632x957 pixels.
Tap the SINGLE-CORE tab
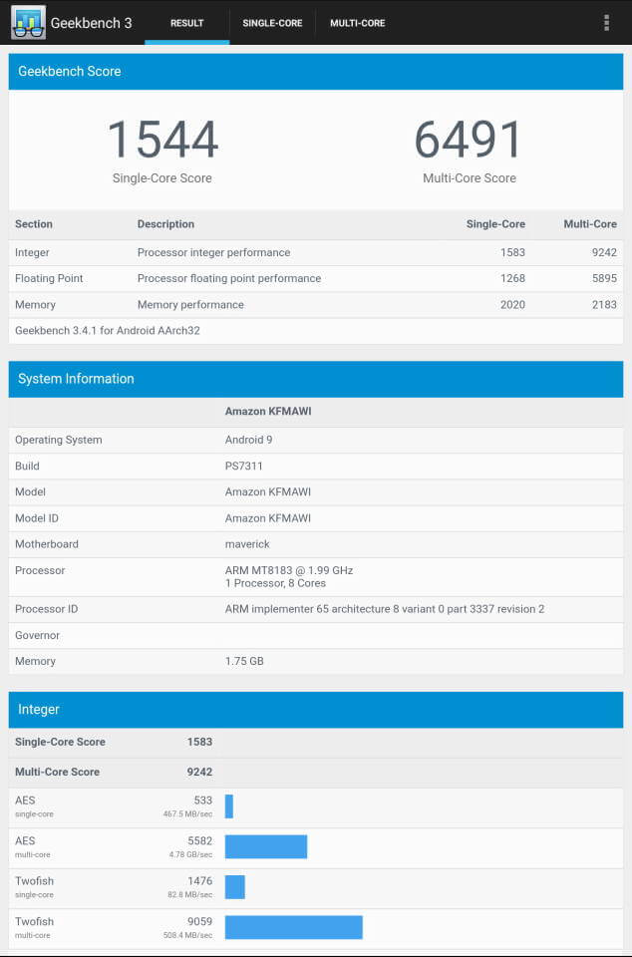tap(272, 23)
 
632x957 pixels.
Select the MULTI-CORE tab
tap(357, 23)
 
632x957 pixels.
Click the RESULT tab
tap(186, 23)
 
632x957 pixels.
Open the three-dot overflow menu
tap(606, 23)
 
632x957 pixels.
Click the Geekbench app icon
tap(28, 22)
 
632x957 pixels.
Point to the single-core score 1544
tap(162, 140)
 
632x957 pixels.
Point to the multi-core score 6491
tap(469, 140)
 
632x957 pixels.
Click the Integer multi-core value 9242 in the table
tap(604, 252)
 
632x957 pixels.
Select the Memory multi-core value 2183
tap(604, 304)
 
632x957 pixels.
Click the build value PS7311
tap(243, 466)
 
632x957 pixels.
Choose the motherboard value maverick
tap(247, 544)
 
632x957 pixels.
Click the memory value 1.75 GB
tap(244, 661)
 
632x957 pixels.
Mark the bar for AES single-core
tap(229, 806)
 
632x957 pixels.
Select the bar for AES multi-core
tap(266, 846)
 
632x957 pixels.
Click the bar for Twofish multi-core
tap(293, 927)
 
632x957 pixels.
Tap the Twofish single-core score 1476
tap(199, 881)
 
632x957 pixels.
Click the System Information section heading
tap(76, 379)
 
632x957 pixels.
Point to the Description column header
tap(165, 224)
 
